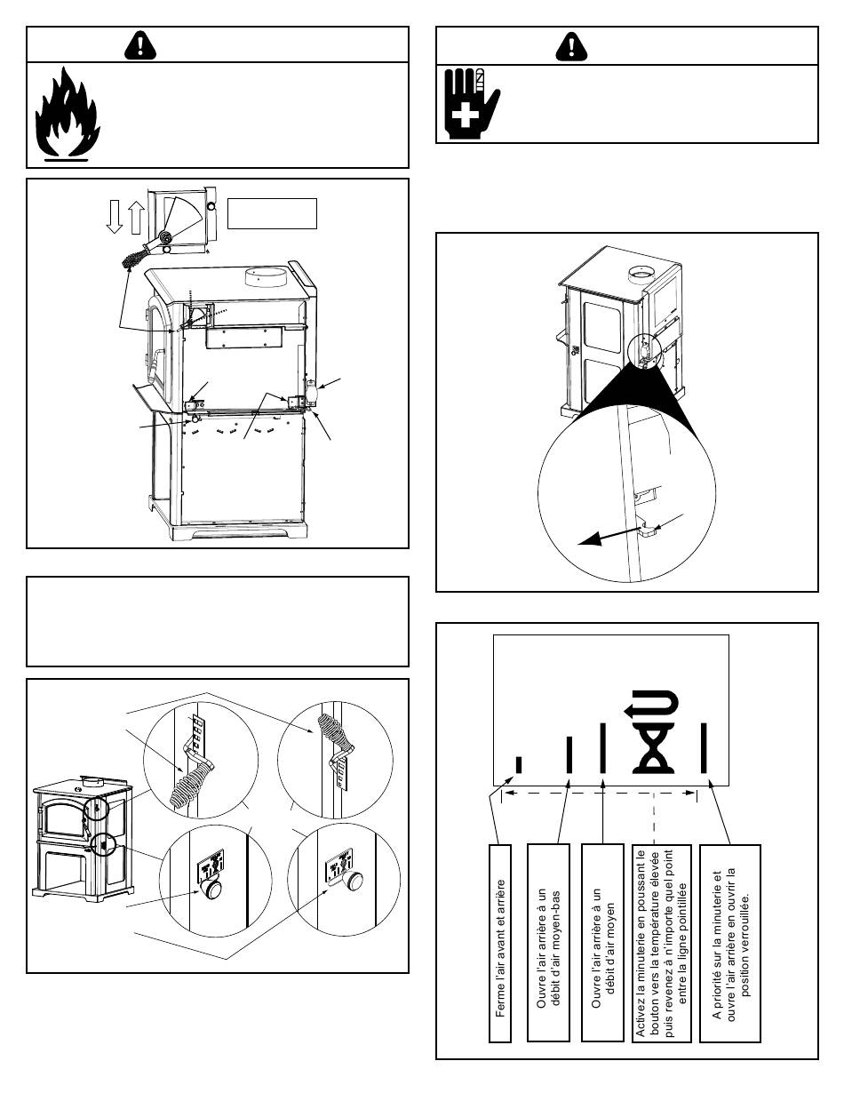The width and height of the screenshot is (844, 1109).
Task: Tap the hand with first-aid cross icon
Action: [x=470, y=97]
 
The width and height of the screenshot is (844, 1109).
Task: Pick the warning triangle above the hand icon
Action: [x=568, y=44]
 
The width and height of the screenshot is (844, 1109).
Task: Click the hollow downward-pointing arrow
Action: [x=114, y=216]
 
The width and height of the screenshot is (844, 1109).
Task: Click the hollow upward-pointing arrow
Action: [x=134, y=216]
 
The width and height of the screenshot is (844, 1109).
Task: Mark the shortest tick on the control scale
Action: [x=519, y=764]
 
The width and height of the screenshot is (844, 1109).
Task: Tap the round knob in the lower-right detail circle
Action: [x=354, y=881]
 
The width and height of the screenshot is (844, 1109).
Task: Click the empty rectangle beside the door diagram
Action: [x=273, y=213]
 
